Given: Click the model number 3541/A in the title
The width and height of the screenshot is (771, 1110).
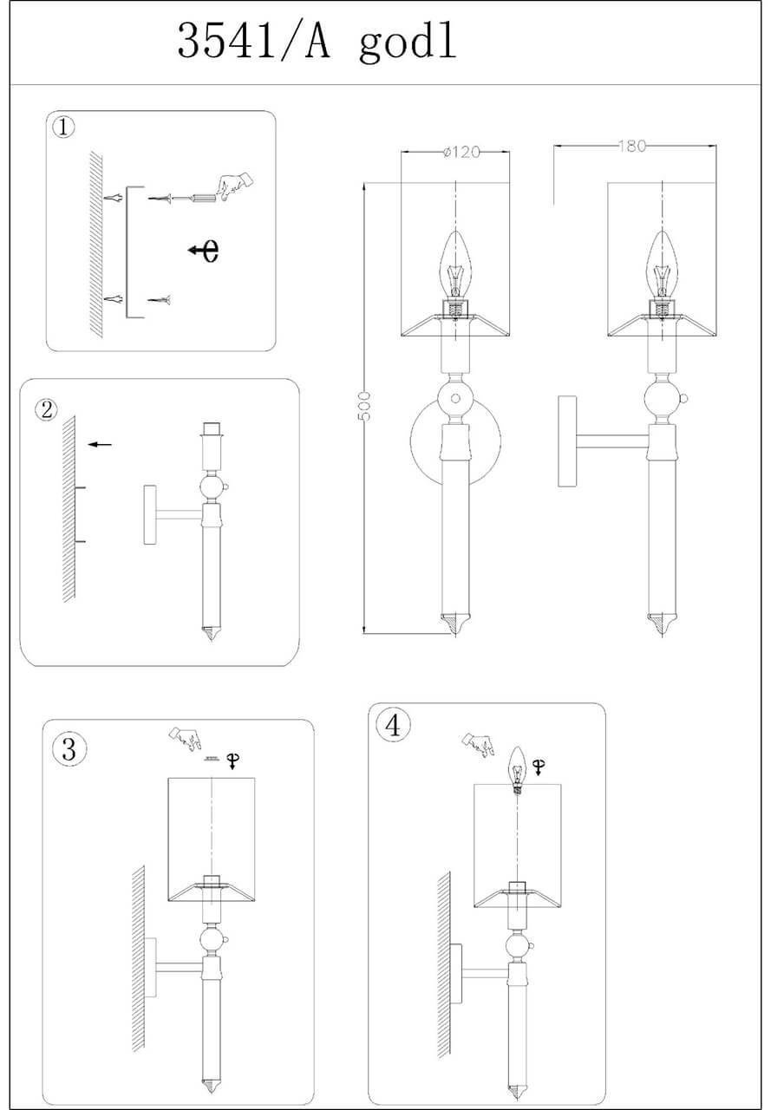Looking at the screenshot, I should [254, 41].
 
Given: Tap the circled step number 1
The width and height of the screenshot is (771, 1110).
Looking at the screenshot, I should [63, 127].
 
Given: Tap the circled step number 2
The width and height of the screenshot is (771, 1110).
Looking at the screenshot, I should [47, 409].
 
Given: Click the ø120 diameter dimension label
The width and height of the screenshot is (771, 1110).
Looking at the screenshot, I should [461, 153].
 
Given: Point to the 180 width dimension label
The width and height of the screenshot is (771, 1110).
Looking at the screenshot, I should [633, 147].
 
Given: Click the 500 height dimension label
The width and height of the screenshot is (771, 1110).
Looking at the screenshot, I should [365, 407].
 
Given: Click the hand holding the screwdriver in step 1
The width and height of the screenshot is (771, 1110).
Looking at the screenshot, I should [234, 186].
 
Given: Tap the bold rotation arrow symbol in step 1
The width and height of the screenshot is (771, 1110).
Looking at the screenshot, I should [205, 251].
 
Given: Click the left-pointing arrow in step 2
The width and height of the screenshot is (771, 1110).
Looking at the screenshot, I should [100, 444].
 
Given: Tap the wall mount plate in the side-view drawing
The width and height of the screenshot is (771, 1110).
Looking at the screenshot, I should [567, 441].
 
